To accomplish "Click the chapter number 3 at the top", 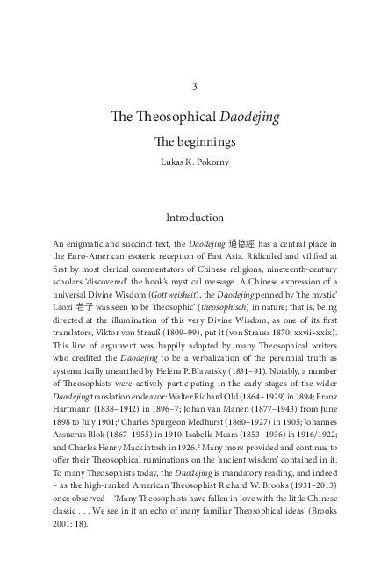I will (194, 87).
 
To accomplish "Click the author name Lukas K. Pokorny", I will (194, 162).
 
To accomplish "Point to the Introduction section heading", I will (194, 217).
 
